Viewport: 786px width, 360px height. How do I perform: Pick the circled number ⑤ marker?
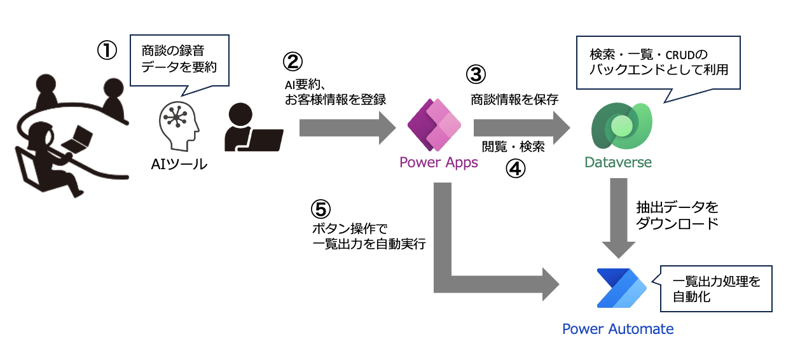321,209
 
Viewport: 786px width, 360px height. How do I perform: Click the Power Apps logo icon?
438,124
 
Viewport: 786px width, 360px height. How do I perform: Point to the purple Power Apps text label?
438,163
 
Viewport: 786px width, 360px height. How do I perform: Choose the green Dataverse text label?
618,163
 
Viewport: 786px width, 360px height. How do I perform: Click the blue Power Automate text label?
617,329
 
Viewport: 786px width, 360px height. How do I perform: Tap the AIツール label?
179,164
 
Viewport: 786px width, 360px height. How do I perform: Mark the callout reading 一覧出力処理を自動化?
716,288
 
